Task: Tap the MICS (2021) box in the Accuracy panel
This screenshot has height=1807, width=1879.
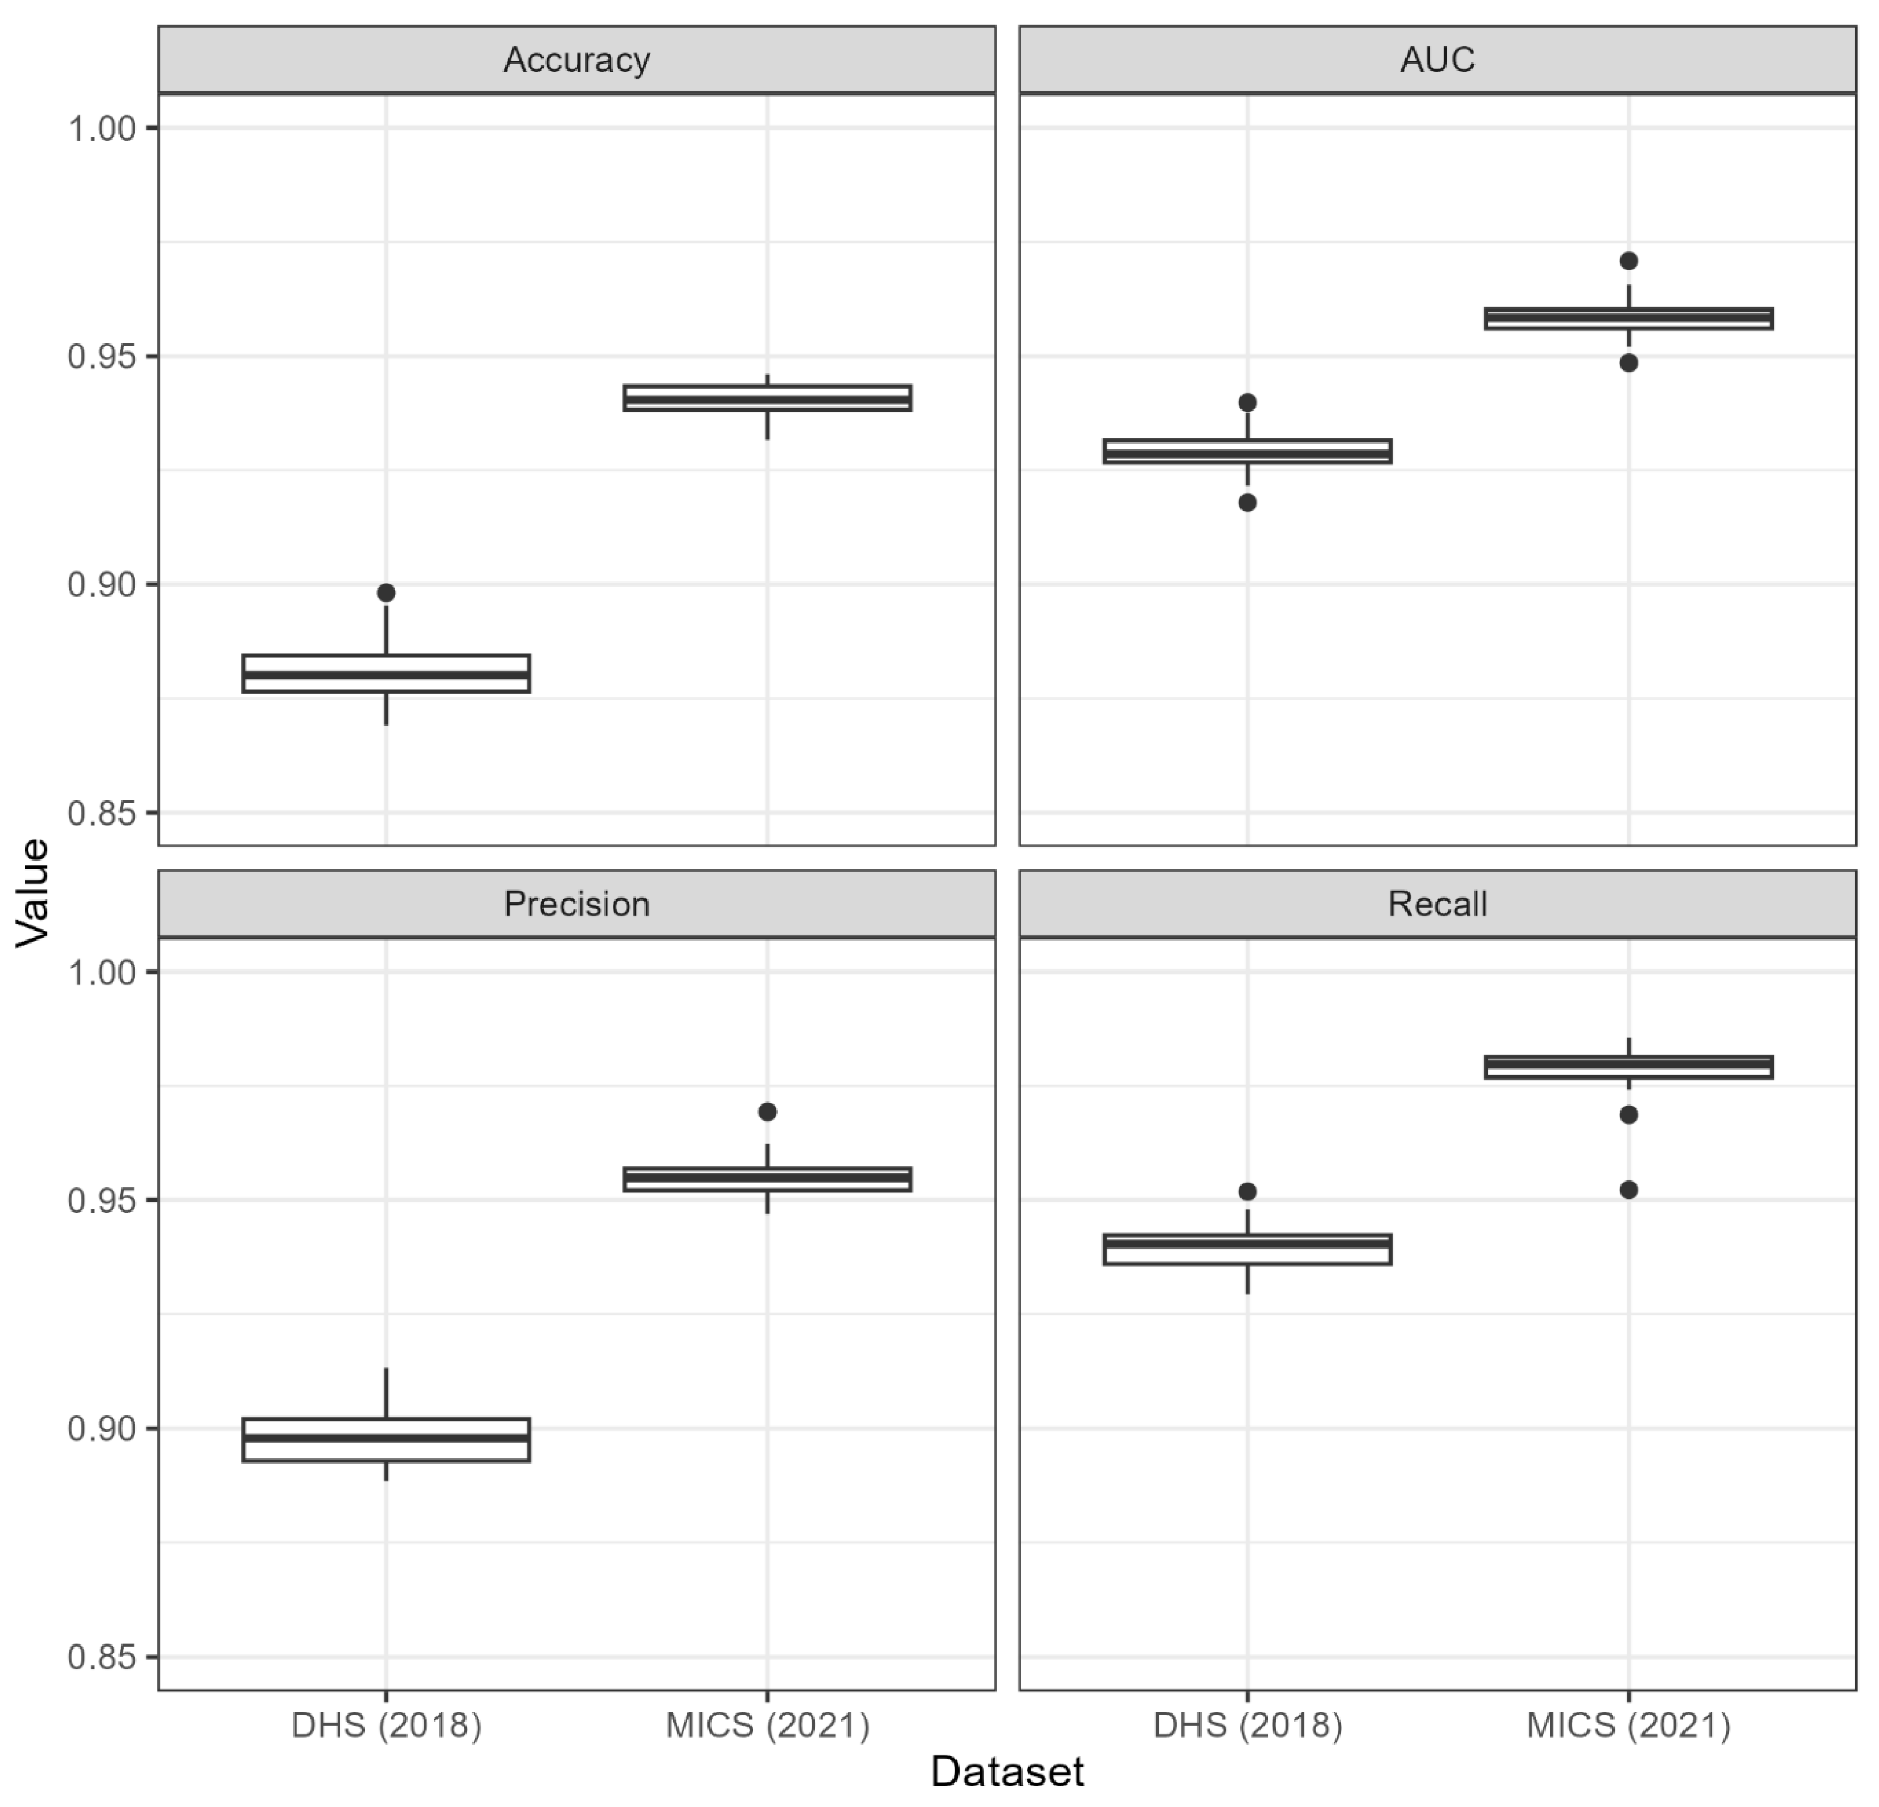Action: [x=767, y=398]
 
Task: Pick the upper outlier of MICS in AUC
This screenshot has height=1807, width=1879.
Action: [x=1628, y=261]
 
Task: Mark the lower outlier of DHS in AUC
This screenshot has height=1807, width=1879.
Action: [x=1247, y=502]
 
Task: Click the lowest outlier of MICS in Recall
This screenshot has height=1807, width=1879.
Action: [x=1628, y=1190]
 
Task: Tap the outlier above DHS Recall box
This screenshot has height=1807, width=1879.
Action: [x=1247, y=1192]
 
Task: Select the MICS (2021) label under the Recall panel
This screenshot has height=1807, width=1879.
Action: [x=1628, y=1726]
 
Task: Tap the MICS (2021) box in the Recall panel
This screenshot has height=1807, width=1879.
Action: [x=1628, y=1067]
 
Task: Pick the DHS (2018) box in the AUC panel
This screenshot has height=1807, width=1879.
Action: [x=1247, y=452]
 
